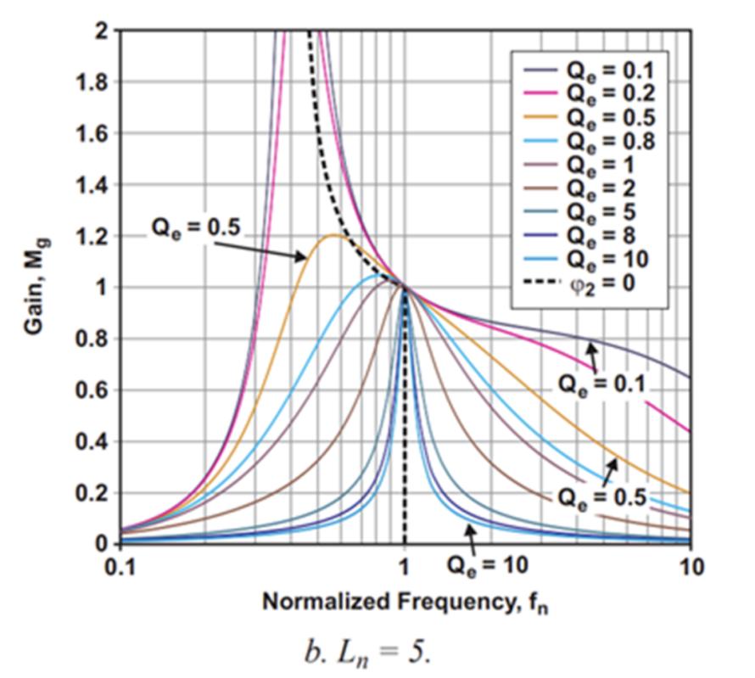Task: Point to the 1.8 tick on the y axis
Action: click(x=96, y=82)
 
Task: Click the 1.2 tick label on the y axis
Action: click(x=96, y=236)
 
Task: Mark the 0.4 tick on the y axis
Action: click(x=96, y=441)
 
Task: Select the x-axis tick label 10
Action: click(x=691, y=566)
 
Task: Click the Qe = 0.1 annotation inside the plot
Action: click(x=601, y=384)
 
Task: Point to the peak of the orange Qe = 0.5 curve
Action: click(x=333, y=235)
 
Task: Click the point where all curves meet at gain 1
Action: click(x=405, y=288)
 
